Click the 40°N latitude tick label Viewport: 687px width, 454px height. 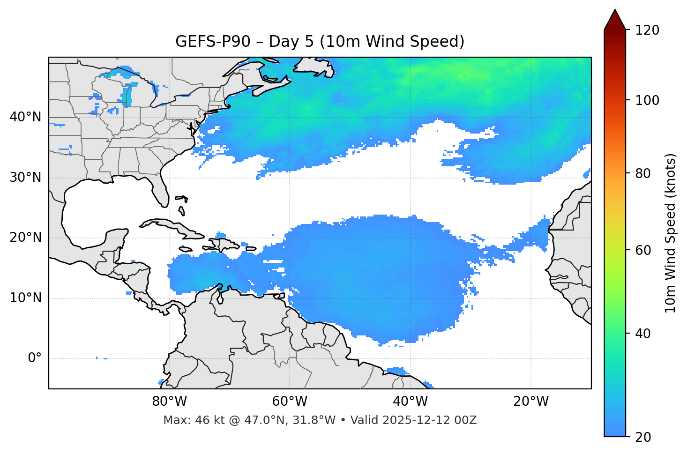[25, 117]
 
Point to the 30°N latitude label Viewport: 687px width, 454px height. [25, 178]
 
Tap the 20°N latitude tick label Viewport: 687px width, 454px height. [25, 238]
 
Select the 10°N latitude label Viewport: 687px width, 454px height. [25, 298]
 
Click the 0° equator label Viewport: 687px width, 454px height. [35, 358]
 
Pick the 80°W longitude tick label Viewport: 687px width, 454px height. [169, 402]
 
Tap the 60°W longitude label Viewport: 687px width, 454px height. [290, 402]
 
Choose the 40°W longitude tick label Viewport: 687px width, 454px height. [410, 402]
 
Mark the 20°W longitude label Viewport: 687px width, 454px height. [530, 402]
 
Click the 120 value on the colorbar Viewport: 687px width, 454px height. [647, 30]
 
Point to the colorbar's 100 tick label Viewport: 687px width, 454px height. [647, 100]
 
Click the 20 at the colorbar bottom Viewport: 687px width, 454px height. [643, 437]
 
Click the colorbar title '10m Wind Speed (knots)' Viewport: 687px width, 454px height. [671, 233]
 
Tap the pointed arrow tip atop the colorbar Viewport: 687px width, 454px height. [615, 10]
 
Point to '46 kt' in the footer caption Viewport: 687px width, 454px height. [209, 420]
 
